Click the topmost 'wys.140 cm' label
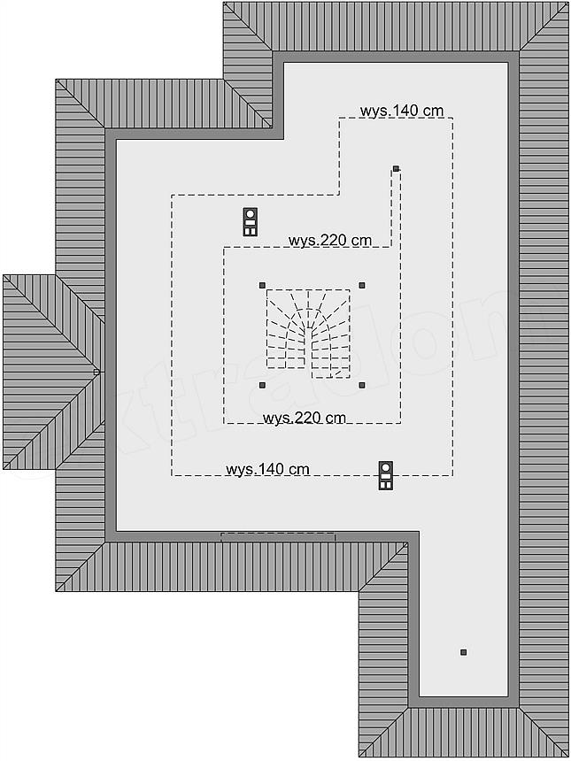pyautogui.click(x=402, y=111)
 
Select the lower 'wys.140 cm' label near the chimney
pyautogui.click(x=267, y=469)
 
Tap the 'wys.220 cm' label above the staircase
pyautogui.click(x=330, y=240)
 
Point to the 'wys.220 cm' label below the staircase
pyautogui.click(x=305, y=418)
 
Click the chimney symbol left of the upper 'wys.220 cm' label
pyautogui.click(x=250, y=222)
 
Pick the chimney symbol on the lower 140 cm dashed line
pyautogui.click(x=385, y=475)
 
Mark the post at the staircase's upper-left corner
pyautogui.click(x=262, y=285)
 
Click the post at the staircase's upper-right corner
pyautogui.click(x=362, y=285)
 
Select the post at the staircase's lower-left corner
pyautogui.click(x=262, y=385)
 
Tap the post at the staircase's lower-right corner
pyautogui.click(x=362, y=385)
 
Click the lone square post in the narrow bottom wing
pyautogui.click(x=463, y=652)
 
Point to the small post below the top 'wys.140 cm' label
pyautogui.click(x=396, y=168)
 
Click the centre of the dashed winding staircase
pyautogui.click(x=308, y=334)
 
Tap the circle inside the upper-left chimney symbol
pyautogui.click(x=250, y=213)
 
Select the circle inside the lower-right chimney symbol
pyautogui.click(x=385, y=467)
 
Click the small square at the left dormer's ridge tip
pyautogui.click(x=96, y=372)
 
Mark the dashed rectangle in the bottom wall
pyautogui.click(x=278, y=537)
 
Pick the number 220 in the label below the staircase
pyautogui.click(x=308, y=418)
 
